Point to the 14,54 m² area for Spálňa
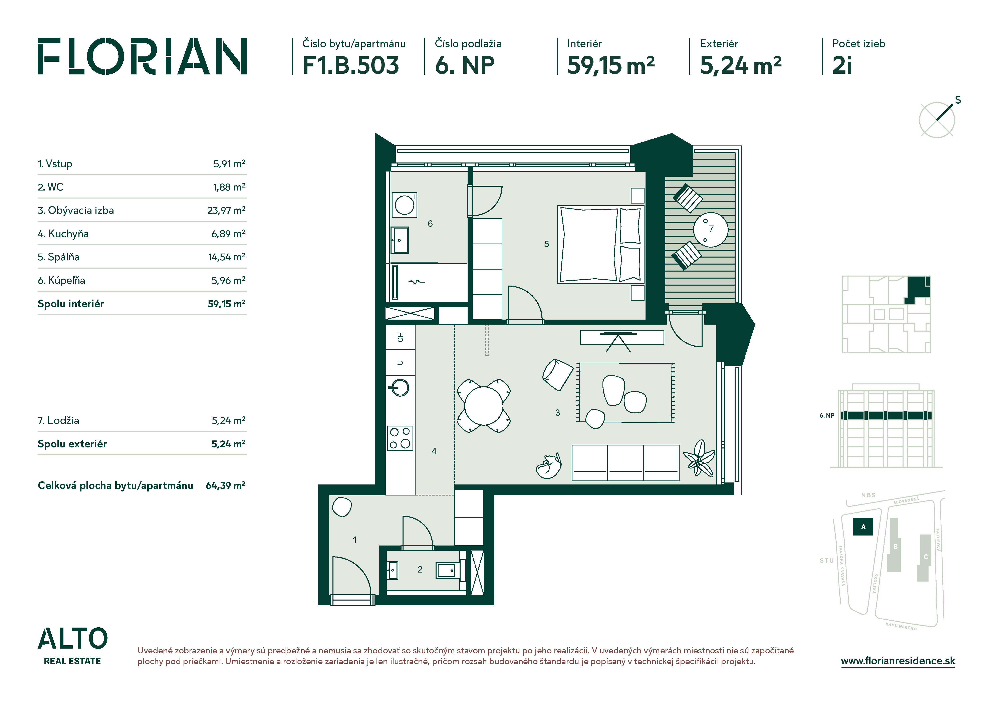227,257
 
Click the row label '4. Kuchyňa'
63,234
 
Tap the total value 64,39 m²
225,485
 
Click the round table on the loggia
711,230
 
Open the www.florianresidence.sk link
898,661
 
